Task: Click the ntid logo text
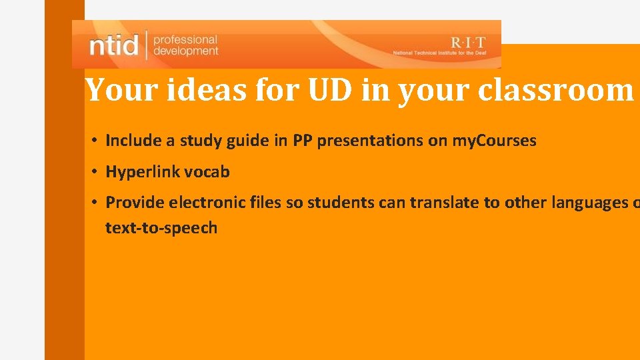coord(114,45)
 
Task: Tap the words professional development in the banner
coord(185,45)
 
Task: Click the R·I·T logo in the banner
coord(468,41)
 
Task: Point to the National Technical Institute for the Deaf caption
coord(443,53)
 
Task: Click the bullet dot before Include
coord(96,141)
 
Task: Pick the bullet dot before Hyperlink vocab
coord(96,172)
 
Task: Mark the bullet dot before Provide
coord(96,203)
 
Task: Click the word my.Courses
coord(494,141)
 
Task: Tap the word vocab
coord(207,172)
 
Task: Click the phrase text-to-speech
coord(161,228)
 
